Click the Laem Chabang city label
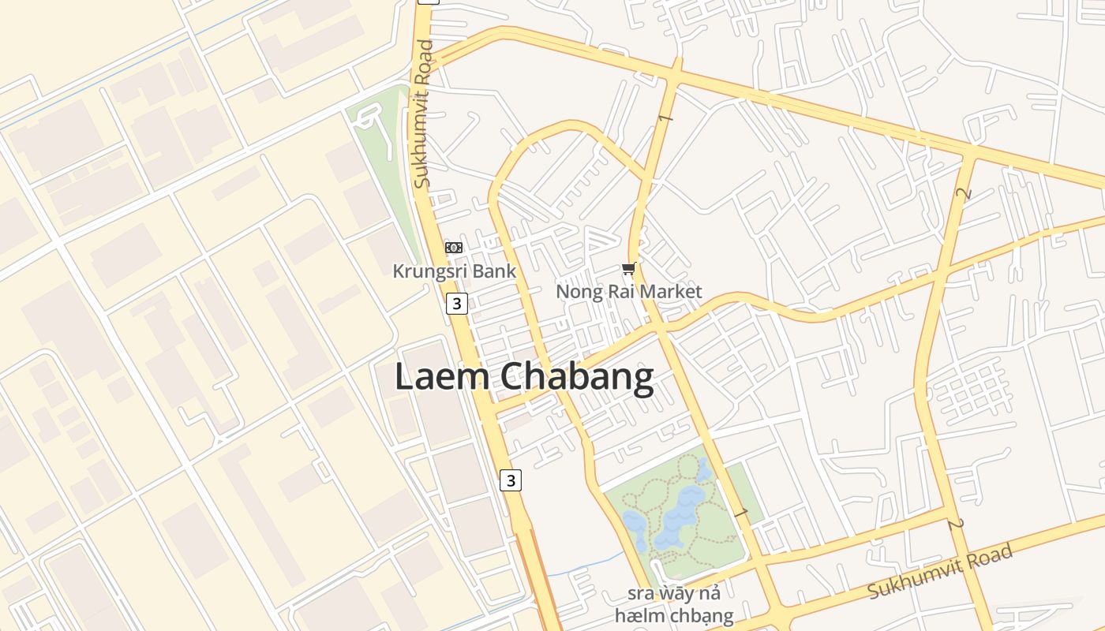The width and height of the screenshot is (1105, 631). (524, 377)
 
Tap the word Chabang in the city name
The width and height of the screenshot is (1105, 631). (577, 377)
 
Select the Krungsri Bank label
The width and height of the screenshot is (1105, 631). (455, 271)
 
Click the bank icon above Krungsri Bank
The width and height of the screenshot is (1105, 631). (454, 248)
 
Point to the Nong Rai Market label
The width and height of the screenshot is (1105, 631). (628, 292)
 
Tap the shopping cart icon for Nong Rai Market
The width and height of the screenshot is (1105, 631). (628, 270)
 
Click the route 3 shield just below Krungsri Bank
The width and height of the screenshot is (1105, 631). (456, 303)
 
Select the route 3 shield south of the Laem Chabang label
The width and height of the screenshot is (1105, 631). (511, 480)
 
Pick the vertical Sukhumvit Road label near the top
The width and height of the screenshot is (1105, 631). (424, 114)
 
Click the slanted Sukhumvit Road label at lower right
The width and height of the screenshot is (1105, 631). (940, 571)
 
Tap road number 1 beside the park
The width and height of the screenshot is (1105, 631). (740, 513)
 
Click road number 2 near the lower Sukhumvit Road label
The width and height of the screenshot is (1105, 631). (957, 525)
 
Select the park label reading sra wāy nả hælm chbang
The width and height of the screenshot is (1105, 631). (674, 604)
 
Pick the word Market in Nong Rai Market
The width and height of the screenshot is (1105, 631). (670, 292)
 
